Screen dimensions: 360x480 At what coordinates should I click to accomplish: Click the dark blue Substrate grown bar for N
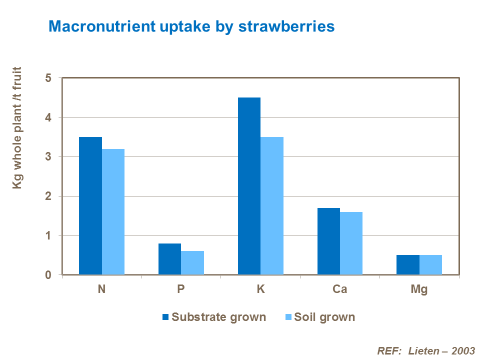(x=90, y=205)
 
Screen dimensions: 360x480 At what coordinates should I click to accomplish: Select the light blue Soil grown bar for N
(x=113, y=211)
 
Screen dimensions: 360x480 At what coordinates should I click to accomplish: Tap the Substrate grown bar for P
(x=169, y=259)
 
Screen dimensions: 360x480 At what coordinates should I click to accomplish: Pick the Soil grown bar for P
(x=192, y=262)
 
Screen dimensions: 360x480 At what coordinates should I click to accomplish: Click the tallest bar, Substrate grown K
(x=249, y=186)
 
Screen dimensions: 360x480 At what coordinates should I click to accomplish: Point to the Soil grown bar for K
(x=272, y=205)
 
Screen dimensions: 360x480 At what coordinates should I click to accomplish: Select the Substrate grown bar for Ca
(x=328, y=241)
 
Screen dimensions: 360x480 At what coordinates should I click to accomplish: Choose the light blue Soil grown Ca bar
(x=351, y=243)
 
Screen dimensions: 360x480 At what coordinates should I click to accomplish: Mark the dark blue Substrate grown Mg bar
(x=408, y=264)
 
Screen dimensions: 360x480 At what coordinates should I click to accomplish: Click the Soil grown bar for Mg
(x=430, y=264)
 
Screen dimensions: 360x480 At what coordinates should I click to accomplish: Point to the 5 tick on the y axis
(x=48, y=78)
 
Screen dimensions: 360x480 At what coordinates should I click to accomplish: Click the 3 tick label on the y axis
(x=48, y=157)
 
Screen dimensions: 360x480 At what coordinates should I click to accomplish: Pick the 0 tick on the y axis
(x=48, y=274)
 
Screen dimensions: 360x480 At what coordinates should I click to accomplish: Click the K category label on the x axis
(x=260, y=289)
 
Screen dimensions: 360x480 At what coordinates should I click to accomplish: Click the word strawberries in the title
(x=286, y=26)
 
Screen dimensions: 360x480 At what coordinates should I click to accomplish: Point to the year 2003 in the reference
(x=462, y=350)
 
